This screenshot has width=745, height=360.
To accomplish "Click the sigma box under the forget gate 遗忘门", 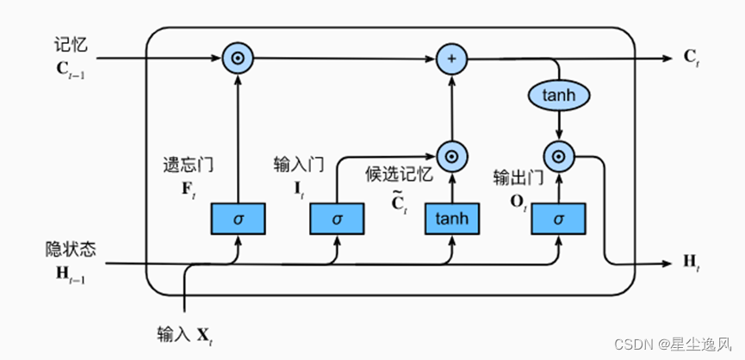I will click(x=238, y=219).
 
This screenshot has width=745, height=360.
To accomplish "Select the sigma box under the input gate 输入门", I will click(x=337, y=219).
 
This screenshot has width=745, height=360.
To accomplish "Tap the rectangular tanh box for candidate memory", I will click(x=451, y=219).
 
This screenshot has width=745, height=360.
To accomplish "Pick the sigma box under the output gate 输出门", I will click(x=558, y=219).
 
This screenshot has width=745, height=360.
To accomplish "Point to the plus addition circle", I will click(x=450, y=59).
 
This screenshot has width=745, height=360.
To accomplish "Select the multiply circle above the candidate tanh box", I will click(x=450, y=156).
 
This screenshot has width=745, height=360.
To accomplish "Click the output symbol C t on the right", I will click(x=692, y=59).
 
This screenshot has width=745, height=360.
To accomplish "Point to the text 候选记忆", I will click(x=397, y=175).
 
